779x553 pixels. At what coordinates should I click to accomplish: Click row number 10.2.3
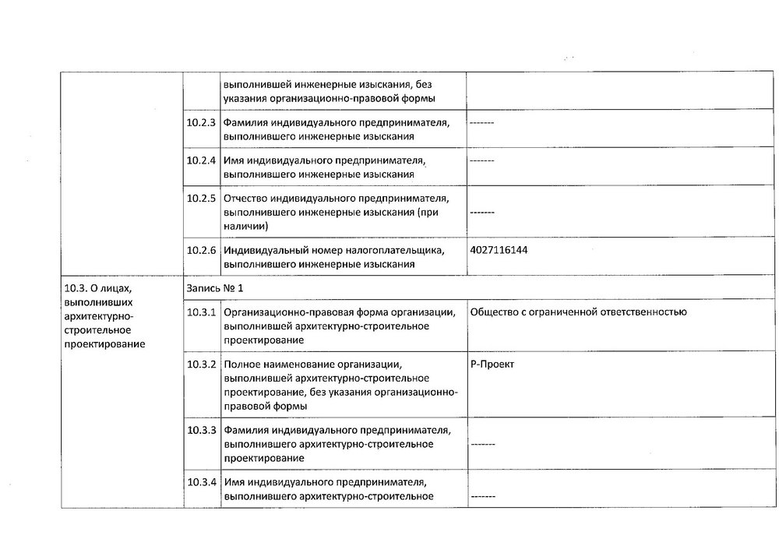(202, 123)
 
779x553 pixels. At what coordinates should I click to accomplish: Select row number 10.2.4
(202, 160)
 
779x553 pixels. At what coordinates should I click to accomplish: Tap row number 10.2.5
(202, 198)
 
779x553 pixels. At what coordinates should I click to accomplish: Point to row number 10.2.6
(202, 251)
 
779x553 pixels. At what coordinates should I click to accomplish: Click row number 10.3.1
(202, 312)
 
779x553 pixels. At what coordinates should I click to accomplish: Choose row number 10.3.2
(202, 365)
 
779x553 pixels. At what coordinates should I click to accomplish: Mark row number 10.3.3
(202, 430)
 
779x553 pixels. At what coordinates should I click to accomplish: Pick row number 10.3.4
(202, 482)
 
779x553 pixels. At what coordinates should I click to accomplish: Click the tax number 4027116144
(503, 251)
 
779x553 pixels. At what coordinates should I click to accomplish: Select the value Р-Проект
(492, 365)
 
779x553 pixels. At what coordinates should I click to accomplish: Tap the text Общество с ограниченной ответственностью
(578, 312)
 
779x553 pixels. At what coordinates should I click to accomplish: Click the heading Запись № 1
(215, 287)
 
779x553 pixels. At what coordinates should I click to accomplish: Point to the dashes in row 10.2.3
(482, 123)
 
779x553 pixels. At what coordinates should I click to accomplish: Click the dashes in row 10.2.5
(482, 212)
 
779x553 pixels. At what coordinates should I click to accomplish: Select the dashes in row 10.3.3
(482, 444)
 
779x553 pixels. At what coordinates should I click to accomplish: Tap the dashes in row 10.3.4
(482, 496)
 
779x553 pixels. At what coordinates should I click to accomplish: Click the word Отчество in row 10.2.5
(245, 198)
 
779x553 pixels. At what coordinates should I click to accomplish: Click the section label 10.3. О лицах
(92, 287)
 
